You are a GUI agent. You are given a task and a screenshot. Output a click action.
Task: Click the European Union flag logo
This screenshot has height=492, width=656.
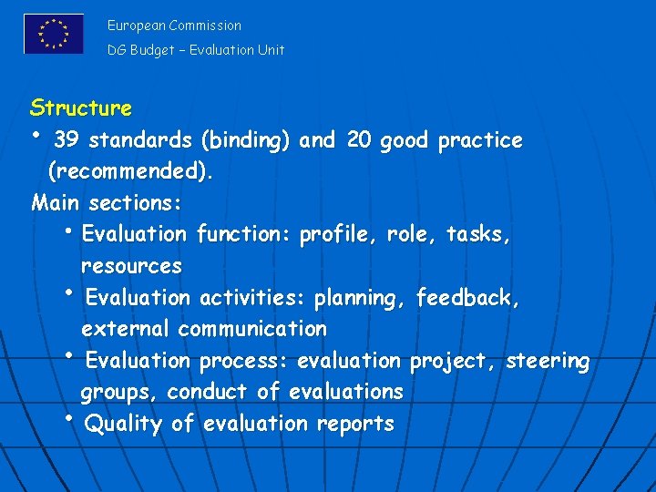coord(54,34)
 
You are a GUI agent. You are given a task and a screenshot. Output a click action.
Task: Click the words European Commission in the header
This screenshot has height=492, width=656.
coord(174,26)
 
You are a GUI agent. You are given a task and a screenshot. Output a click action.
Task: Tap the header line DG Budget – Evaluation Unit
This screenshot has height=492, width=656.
coord(196,50)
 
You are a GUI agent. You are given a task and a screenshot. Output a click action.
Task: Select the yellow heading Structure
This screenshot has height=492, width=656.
coord(81,108)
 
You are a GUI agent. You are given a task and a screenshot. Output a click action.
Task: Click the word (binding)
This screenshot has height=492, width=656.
coord(246,140)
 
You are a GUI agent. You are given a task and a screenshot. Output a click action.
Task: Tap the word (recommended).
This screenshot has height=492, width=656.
coord(131,170)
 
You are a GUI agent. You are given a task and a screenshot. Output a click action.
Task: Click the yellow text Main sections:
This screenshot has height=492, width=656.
coord(107,201)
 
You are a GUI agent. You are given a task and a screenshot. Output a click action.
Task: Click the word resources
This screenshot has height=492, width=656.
coord(131,266)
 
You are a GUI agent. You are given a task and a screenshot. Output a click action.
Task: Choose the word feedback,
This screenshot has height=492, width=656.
coord(467,298)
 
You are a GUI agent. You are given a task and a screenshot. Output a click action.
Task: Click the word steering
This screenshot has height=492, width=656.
coord(548,361)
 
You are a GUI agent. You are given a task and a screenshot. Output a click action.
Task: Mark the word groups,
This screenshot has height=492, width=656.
coord(120,392)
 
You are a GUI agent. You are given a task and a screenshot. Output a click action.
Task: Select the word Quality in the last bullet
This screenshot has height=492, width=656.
coord(122,424)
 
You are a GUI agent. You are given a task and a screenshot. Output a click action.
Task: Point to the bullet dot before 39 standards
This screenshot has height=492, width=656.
coord(36,137)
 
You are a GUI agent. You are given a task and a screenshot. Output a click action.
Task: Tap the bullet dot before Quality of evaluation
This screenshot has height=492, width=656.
coord(68,418)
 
